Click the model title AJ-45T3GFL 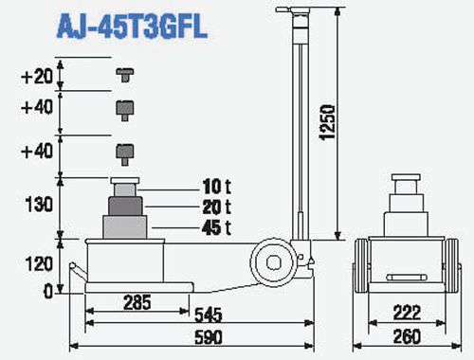132,27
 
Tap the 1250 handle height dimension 327,122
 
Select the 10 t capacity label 217,187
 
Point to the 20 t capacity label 217,207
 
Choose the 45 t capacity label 217,227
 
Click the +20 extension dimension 37,77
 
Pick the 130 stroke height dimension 39,205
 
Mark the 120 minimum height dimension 39,263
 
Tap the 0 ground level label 48,291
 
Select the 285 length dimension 137,302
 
